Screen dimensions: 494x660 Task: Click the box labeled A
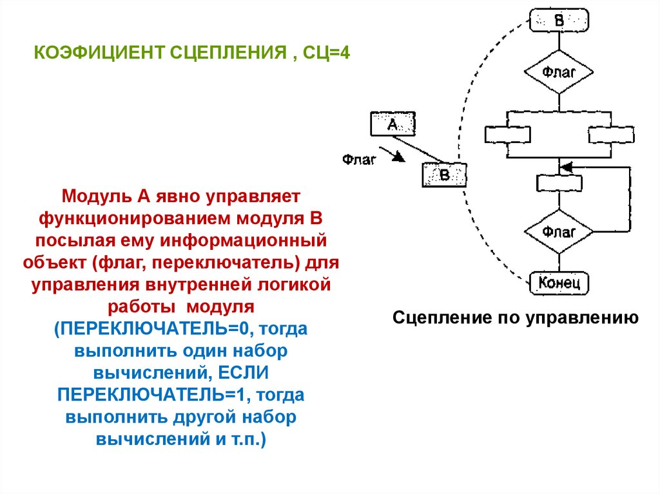tap(393, 124)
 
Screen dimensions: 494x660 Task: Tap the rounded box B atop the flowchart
tap(559, 19)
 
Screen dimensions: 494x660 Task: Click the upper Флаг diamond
tap(559, 73)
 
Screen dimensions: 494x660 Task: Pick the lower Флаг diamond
tap(559, 231)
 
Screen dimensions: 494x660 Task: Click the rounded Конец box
tap(559, 281)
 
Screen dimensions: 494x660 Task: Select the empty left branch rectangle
tap(507, 134)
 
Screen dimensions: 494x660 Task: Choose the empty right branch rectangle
tap(611, 134)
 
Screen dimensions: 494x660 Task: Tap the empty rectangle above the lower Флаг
tap(559, 183)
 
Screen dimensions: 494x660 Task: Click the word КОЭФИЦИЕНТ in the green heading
tap(97, 52)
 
